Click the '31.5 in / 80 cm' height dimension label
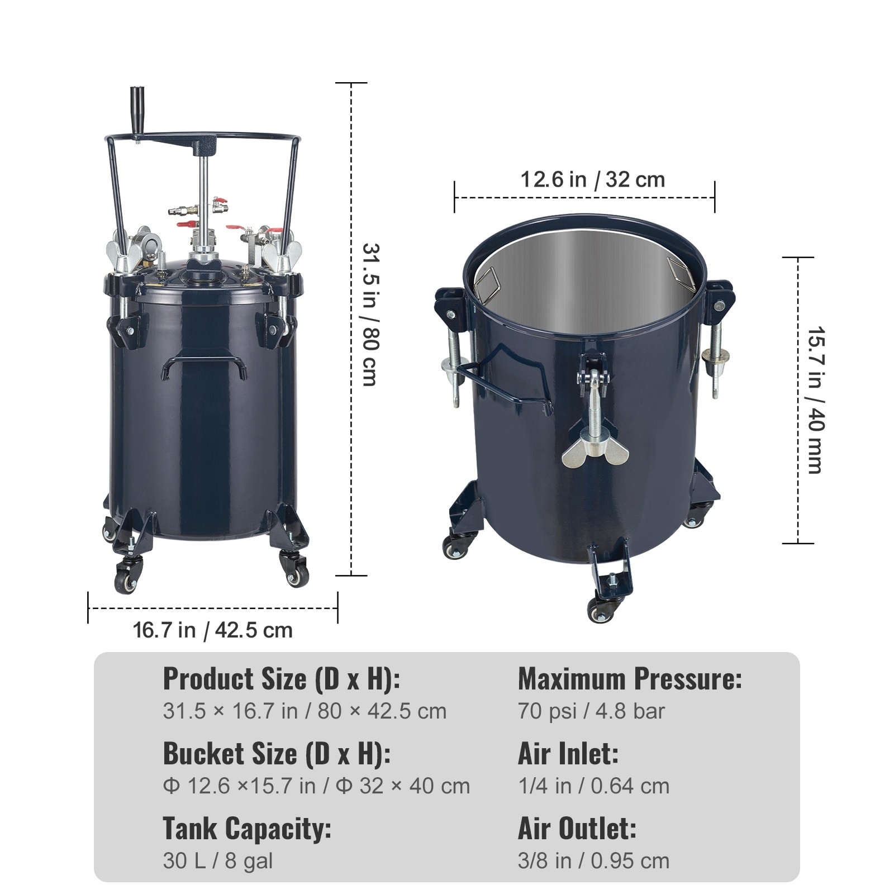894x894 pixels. point(369,314)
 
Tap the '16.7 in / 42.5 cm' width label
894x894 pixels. point(212,630)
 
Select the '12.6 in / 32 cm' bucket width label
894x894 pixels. point(592,180)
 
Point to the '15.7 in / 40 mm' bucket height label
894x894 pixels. point(815,400)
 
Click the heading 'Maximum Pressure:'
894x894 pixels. point(630,679)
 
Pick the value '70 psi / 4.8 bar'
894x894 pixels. point(591,711)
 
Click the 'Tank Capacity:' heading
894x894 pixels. point(247,829)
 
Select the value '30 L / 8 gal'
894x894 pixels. point(218,860)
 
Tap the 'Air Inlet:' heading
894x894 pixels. point(568,754)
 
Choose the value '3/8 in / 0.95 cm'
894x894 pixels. point(593,860)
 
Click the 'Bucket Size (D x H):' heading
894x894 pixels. point(277,754)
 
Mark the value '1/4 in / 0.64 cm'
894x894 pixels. point(593,786)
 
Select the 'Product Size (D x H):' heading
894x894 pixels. point(281,679)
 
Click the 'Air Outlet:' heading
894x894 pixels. point(577,829)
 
